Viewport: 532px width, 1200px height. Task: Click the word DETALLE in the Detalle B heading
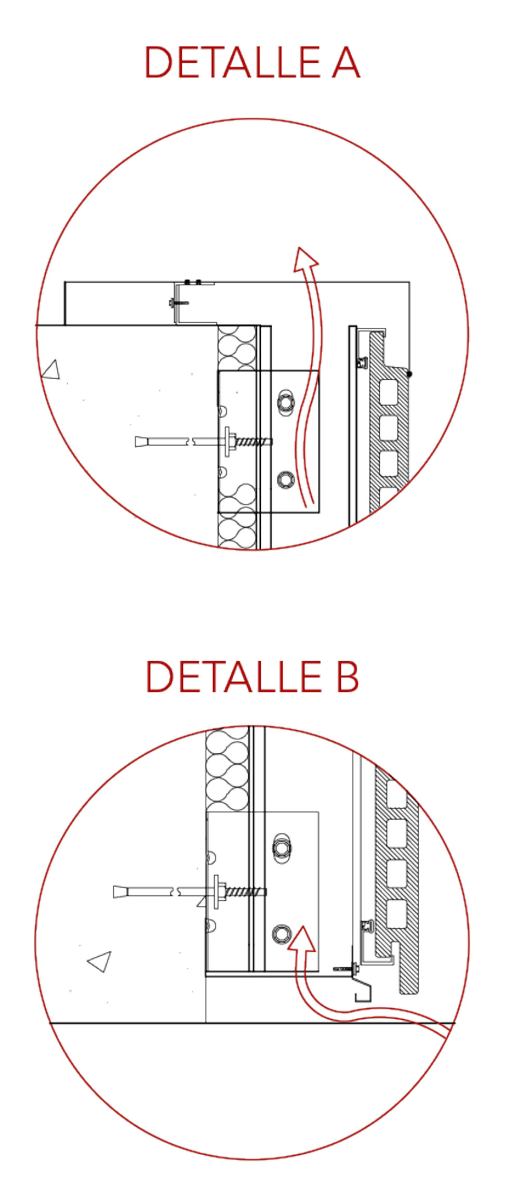(234, 676)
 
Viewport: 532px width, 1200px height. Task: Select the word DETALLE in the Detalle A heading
(232, 62)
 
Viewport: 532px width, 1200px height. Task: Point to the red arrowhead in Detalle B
(301, 939)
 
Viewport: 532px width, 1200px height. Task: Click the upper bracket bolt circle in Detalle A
(285, 402)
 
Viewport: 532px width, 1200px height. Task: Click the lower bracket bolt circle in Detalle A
(285, 479)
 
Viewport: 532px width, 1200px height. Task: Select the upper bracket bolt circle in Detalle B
(282, 848)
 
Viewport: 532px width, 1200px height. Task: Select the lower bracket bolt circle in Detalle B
(282, 934)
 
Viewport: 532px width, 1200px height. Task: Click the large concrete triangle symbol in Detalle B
(100, 961)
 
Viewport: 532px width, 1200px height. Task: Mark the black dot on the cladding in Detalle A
(409, 374)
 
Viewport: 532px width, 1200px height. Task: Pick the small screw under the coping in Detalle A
(178, 302)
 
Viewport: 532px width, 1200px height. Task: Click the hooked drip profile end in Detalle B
(364, 992)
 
